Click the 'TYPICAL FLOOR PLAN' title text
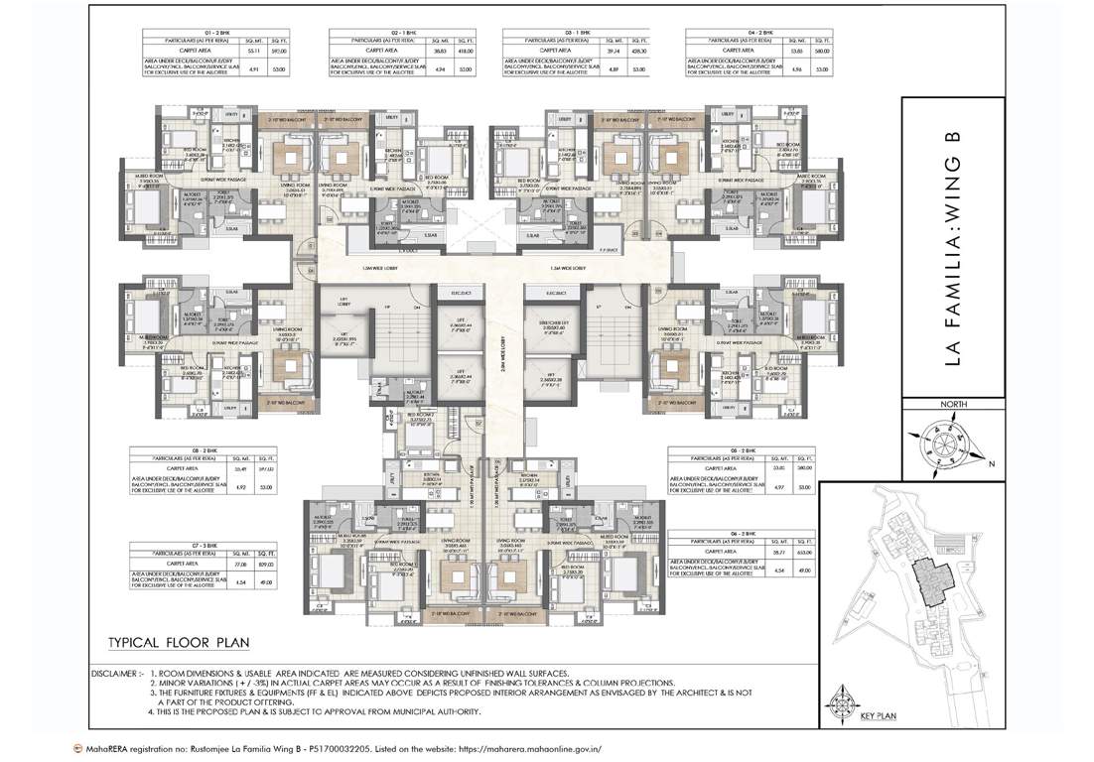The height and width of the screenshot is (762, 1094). (x=176, y=640)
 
